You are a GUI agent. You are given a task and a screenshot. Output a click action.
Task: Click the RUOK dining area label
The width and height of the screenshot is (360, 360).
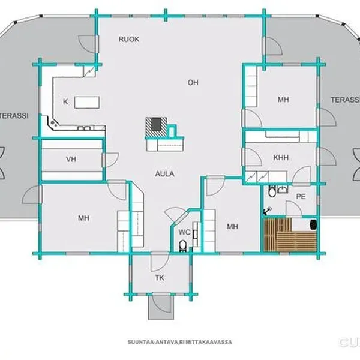point(129,39)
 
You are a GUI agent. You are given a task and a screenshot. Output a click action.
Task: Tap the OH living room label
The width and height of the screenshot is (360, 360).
point(193,82)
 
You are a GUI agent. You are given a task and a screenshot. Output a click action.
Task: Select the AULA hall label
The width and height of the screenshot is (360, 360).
point(164,174)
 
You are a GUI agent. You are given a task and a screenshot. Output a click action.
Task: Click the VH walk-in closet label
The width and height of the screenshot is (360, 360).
point(71,159)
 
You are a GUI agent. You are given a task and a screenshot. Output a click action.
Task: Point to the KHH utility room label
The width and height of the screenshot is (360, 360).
point(281,157)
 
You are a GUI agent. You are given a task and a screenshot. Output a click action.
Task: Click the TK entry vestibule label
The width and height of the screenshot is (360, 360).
point(160,278)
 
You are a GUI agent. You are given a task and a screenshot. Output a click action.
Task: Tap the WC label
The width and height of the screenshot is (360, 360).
point(184,232)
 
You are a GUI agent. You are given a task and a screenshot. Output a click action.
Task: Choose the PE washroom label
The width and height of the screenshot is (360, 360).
point(301,197)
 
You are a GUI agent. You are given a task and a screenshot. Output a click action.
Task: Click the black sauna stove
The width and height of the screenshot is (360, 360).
point(313,224)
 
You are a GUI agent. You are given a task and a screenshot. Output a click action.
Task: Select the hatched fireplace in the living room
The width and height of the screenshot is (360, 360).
point(156,127)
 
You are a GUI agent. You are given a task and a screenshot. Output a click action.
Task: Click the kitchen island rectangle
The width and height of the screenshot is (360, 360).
point(87,103)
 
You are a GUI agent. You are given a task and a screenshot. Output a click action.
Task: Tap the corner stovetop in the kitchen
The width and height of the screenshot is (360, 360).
point(54,123)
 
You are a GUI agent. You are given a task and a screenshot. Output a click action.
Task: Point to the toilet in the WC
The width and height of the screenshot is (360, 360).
point(183,246)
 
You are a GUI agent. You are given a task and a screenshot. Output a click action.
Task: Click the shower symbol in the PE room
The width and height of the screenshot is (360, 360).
point(267,211)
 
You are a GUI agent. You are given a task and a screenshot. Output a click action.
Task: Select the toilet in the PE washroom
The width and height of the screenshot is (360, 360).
point(272,191)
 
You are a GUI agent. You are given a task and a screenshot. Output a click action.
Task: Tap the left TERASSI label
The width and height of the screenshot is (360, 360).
point(14,115)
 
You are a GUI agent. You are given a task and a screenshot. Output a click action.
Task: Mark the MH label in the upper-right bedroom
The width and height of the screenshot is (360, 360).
point(283,100)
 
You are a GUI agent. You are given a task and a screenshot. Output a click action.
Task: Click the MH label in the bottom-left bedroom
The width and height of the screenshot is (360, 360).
point(83,218)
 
